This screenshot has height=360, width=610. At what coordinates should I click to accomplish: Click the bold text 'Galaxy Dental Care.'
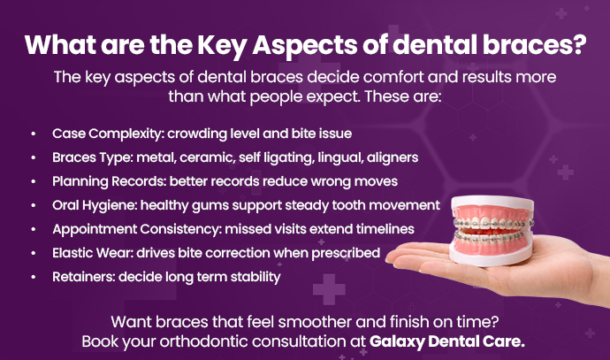[461, 340]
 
